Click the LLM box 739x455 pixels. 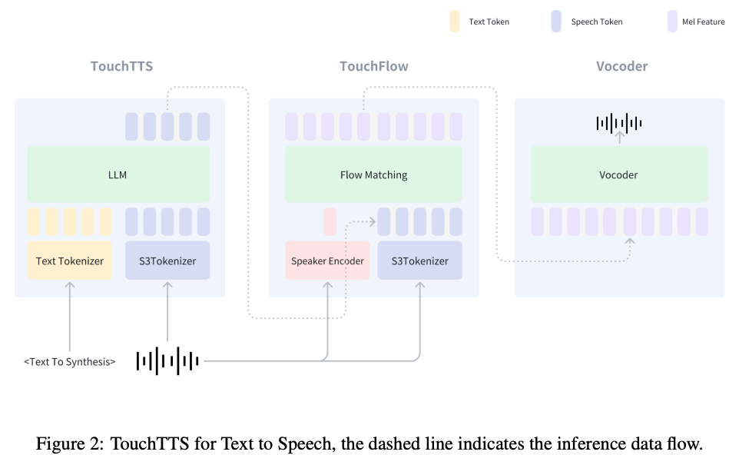[x=118, y=174]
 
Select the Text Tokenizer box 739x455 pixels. [x=70, y=261]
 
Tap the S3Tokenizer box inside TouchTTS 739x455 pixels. [x=167, y=261]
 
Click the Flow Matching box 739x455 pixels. [x=373, y=174]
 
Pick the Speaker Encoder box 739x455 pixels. [x=327, y=261]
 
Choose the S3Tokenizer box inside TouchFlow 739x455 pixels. [x=419, y=261]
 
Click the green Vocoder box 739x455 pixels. [x=619, y=174]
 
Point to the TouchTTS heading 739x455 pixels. [x=121, y=66]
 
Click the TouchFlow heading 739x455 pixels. [x=374, y=66]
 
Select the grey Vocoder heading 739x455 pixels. [x=621, y=66]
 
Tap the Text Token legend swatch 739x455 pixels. [x=455, y=21]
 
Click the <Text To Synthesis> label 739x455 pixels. [x=70, y=360]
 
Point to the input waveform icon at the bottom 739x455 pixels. [x=167, y=360]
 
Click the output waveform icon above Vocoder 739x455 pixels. [x=619, y=123]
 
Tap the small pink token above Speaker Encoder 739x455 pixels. [x=330, y=221]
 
